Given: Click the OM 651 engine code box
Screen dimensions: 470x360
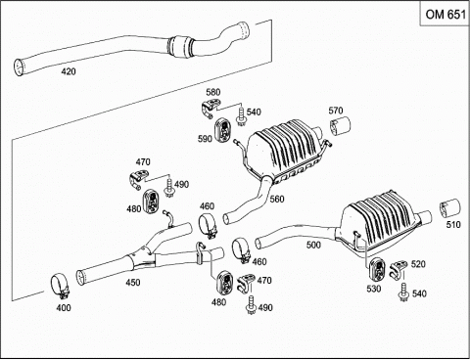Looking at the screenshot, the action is [445, 14].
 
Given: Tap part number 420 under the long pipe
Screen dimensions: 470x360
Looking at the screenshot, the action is [69, 71].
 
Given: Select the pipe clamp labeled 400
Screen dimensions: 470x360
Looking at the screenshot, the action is [61, 287].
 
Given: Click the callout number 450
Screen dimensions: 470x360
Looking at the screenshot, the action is [133, 283].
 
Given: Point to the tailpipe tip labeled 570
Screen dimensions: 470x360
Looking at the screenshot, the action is [340, 125].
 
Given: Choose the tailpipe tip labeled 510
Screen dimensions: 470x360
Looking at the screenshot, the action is [450, 208].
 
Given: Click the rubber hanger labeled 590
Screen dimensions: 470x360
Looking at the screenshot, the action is [223, 130].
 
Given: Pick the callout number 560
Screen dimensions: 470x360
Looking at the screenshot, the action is [277, 199].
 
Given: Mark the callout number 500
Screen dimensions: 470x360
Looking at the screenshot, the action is [313, 245].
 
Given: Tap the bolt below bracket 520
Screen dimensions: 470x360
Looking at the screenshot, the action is [403, 292].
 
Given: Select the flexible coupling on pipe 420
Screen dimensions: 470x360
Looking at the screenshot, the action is [179, 48].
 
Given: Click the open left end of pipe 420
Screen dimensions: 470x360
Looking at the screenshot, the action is [20, 67].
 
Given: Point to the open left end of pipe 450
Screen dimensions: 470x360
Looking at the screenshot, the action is [80, 277].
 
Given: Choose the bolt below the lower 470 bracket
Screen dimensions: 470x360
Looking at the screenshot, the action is [252, 305].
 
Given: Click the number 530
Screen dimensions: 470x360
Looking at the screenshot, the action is [374, 289].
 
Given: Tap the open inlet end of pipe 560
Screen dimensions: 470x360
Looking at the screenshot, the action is [226, 218].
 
